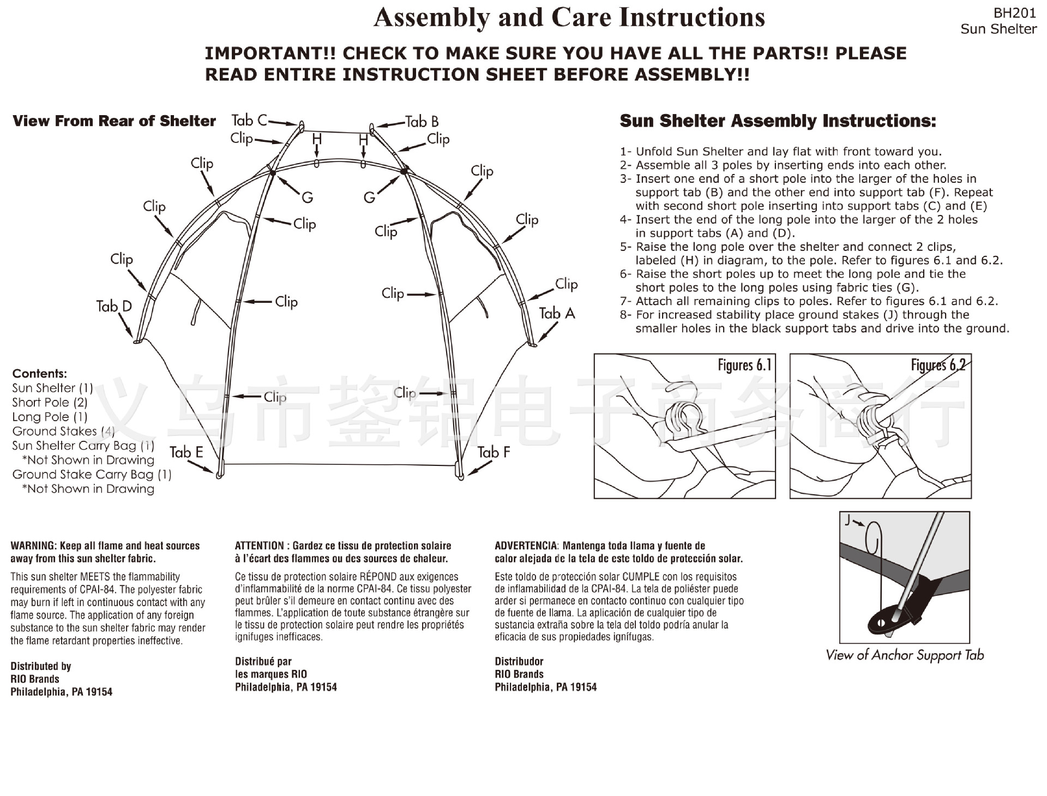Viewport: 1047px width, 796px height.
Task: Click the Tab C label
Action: pos(249,120)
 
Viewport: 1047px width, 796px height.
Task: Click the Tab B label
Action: pos(422,121)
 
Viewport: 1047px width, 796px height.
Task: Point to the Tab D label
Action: pos(114,306)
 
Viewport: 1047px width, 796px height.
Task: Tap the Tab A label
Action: pos(557,313)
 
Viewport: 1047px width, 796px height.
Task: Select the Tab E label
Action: pos(186,452)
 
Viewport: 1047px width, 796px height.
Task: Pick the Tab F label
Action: pos(494,452)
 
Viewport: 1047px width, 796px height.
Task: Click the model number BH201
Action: pos(1014,13)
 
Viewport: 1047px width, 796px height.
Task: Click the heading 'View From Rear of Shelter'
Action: pos(114,121)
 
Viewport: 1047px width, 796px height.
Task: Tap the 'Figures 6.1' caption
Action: pos(744,365)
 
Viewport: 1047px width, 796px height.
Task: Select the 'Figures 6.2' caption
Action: pos(938,365)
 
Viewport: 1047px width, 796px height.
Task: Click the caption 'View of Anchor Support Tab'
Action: pos(905,655)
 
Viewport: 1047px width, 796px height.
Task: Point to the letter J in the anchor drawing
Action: pos(847,520)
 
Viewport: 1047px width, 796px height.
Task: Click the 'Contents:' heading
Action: pos(40,374)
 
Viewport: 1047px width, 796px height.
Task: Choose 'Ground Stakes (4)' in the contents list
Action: pos(63,431)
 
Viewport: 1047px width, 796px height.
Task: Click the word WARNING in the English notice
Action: pos(33,546)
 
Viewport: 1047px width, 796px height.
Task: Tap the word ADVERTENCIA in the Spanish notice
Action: pos(526,546)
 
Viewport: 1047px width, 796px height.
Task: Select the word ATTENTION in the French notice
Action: pos(260,546)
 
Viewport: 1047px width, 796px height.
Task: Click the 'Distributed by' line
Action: pos(41,666)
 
